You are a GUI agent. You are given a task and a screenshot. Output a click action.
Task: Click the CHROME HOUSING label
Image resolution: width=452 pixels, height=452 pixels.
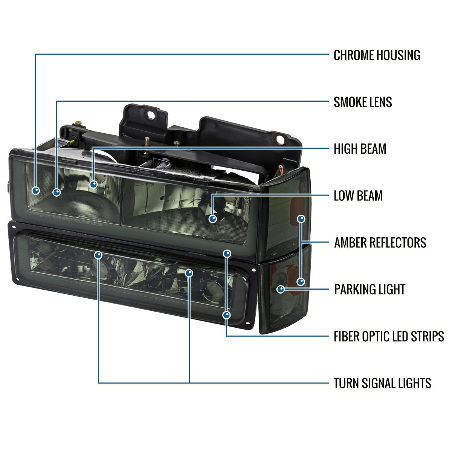pos(377,55)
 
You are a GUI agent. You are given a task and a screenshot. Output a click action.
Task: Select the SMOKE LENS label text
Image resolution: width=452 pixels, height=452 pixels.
pos(363,102)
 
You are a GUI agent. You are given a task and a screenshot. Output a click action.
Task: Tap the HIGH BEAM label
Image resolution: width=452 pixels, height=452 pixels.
pos(360,149)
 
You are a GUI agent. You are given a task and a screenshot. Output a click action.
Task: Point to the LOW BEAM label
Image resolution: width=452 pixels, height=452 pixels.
pos(358,195)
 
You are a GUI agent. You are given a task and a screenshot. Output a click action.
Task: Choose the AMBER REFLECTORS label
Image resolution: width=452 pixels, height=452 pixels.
pos(380,243)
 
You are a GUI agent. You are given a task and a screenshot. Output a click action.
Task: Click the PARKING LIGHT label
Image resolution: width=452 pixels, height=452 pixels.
pos(370,289)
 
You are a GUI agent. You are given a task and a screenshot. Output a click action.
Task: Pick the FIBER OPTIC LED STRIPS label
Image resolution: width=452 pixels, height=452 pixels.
pos(389,336)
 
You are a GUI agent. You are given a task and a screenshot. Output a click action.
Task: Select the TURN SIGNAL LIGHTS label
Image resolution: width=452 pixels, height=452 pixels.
pos(382,383)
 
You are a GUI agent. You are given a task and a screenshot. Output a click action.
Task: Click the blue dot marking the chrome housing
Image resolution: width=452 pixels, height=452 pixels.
pos(36,190)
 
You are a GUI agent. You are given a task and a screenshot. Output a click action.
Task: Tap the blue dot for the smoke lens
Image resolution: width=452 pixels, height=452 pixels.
pos(56,192)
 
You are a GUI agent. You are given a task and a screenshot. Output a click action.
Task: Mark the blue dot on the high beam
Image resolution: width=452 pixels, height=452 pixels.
pos(93,184)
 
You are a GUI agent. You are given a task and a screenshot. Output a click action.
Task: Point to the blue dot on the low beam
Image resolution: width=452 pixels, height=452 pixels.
pos(212,219)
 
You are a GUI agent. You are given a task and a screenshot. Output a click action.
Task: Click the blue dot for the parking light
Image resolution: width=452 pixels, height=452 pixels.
pos(281,289)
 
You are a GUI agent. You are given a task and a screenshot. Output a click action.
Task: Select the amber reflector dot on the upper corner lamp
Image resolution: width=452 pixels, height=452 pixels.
pos(301,219)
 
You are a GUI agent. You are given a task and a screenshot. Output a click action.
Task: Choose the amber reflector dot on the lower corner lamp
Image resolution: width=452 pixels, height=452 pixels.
pos(301,282)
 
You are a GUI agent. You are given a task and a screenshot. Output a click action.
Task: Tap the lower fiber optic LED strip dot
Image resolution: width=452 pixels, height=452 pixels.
pos(227,315)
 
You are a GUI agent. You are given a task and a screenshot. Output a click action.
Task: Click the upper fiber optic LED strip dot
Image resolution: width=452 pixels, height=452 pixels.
pos(227,253)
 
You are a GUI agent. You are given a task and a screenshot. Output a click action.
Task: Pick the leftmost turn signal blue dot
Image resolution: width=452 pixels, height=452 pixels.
pos(98,255)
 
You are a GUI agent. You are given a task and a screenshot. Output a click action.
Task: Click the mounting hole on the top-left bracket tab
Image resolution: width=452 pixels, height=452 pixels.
pos(151,115)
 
